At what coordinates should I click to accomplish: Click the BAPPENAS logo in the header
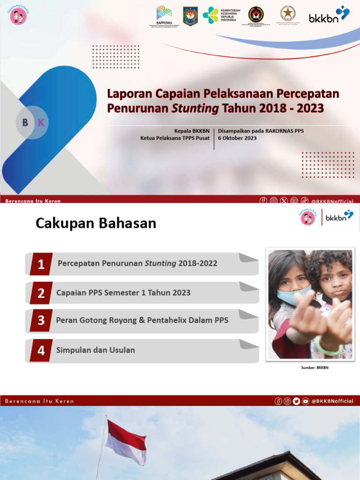coord(164,15)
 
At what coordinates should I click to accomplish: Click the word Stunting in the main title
coord(195,108)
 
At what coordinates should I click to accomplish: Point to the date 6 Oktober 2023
coord(237,138)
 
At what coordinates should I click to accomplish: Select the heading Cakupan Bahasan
coord(96,224)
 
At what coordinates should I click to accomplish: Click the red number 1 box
coord(41,264)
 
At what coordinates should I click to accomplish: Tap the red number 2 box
coord(41,293)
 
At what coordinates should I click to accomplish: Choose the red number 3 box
coord(41,321)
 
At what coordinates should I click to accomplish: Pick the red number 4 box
coord(41,351)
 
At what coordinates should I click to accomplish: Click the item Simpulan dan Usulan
coord(96,350)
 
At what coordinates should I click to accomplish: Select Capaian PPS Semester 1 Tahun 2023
coord(123,293)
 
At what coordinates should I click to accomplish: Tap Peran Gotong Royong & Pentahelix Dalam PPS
coord(142,321)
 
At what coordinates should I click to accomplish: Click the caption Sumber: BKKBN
coord(315,367)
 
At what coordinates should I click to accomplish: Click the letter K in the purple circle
coord(41,123)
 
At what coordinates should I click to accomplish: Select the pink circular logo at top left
coord(18,17)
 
